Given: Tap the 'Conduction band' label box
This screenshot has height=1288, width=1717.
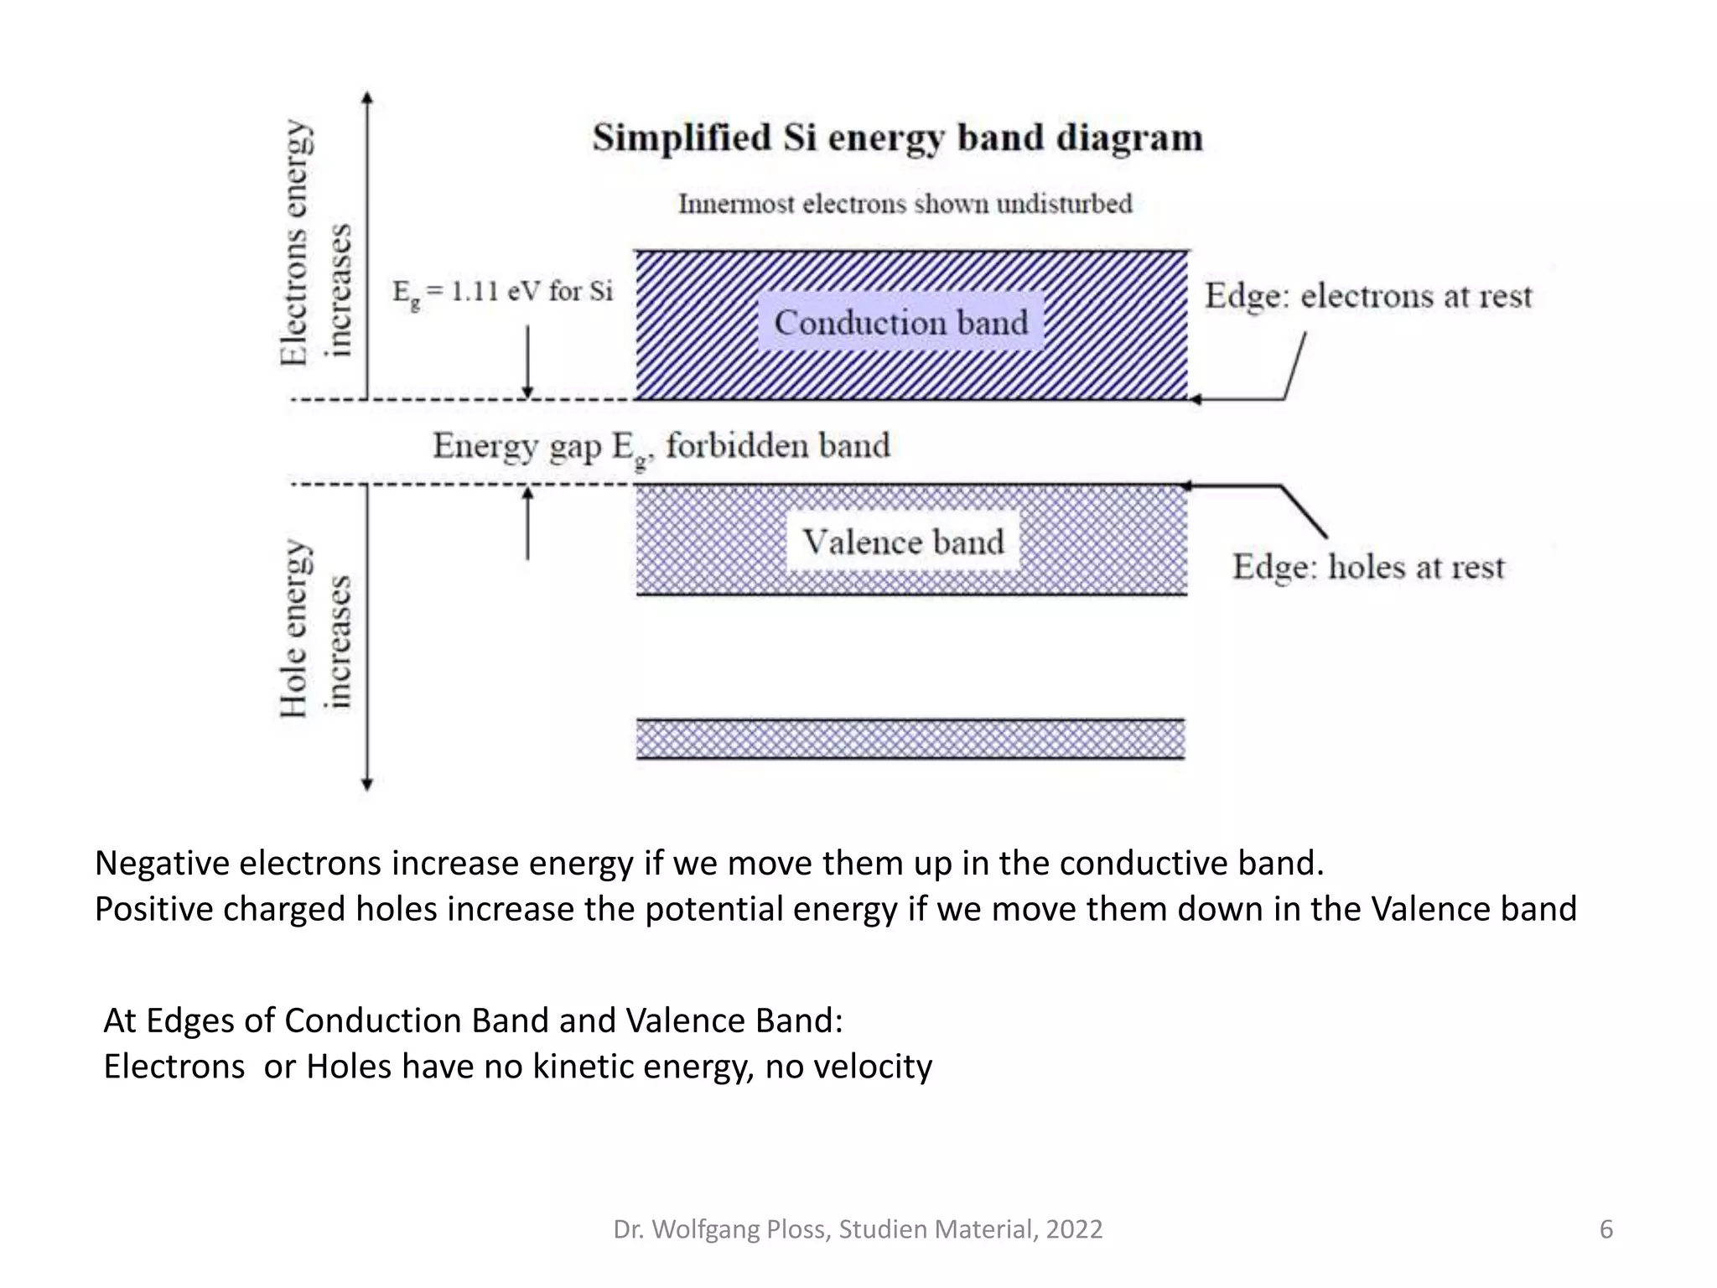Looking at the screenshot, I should (900, 323).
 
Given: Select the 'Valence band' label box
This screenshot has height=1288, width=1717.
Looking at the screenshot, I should (903, 542).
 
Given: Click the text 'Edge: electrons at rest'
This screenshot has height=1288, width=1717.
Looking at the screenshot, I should (1368, 296).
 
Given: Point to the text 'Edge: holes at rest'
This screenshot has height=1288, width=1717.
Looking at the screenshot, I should (1368, 568).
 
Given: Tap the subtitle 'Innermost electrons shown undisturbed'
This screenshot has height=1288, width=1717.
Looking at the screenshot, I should (905, 204).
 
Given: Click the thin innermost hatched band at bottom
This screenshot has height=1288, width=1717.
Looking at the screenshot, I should (910, 740).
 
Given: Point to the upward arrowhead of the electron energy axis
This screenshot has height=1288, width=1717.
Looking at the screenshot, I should (366, 98).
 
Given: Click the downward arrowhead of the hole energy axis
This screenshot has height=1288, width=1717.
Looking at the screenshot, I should (366, 784).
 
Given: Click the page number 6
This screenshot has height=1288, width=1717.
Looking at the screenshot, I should (1605, 1229).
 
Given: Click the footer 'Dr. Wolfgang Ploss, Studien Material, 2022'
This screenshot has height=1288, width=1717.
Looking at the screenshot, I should (858, 1229).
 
